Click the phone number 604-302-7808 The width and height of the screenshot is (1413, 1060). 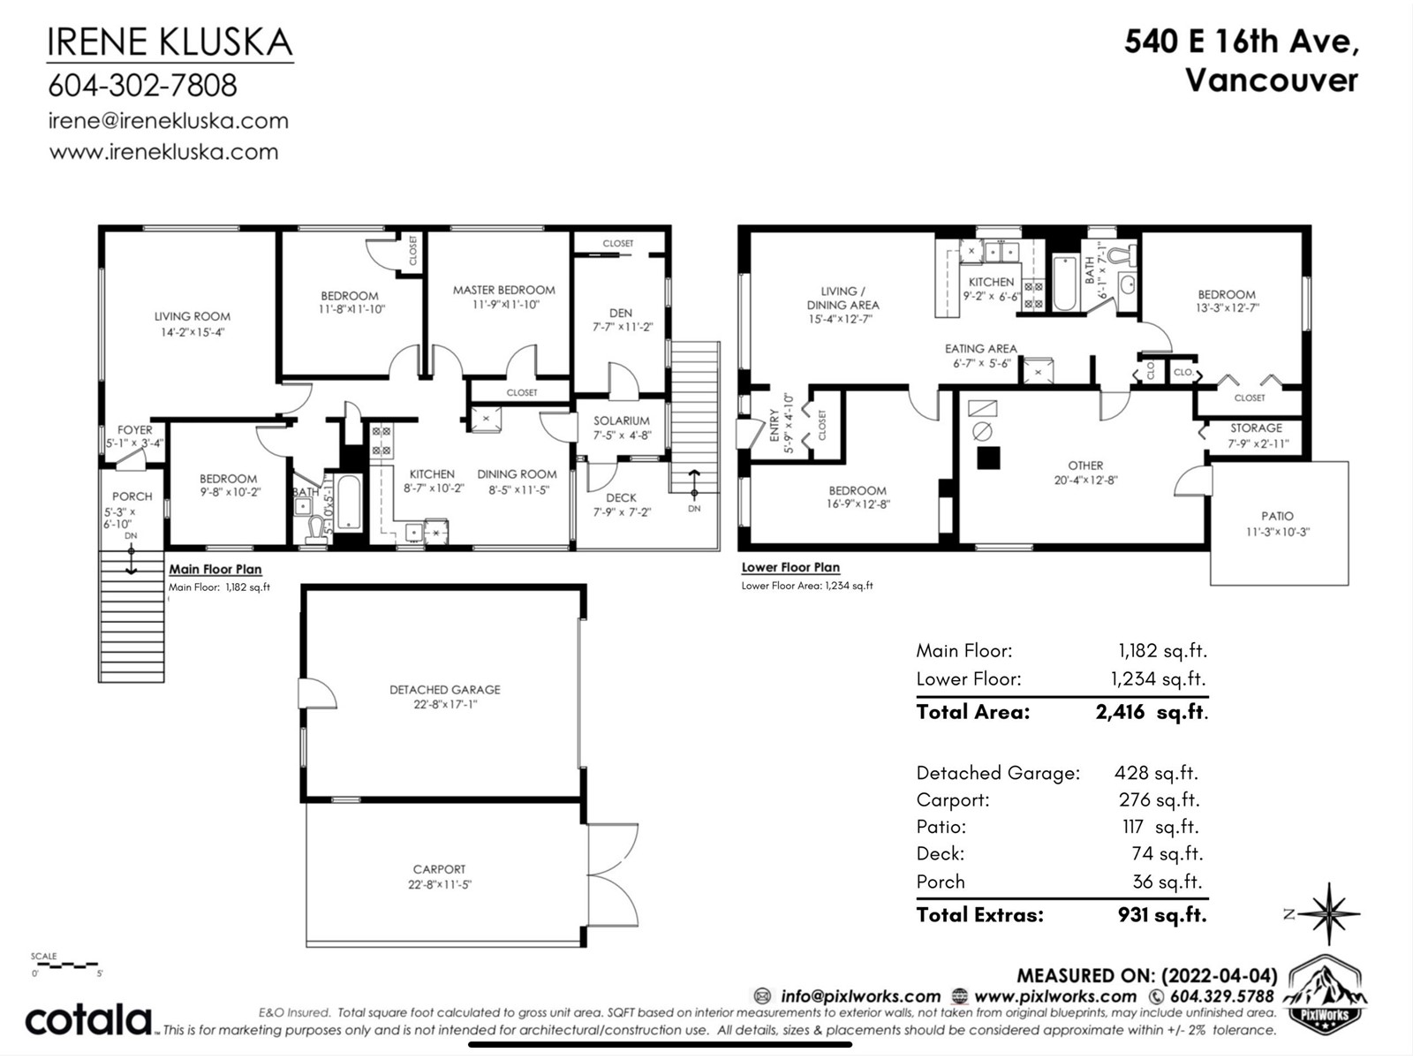pos(143,85)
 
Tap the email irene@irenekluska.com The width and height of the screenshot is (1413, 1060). pos(168,121)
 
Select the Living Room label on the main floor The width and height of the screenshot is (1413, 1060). pos(192,316)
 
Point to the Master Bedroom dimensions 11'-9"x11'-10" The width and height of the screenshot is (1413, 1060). pos(505,305)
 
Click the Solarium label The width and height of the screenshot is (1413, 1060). pos(621,420)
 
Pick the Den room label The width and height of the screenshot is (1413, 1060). pos(621,313)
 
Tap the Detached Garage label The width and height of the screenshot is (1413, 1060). pos(445,689)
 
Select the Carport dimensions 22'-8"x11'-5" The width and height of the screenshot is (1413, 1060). pos(440,884)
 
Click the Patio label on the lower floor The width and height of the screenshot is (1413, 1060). pos(1277,516)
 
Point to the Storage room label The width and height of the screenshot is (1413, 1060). pos(1256,428)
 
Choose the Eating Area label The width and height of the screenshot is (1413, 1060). pos(981,348)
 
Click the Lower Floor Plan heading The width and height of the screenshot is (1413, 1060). pos(790,567)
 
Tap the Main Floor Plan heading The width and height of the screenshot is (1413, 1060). pos(215,569)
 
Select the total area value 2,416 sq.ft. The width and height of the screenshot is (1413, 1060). pos(1152,712)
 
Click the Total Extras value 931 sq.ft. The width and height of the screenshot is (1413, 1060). pos(1162,914)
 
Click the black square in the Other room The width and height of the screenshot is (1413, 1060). pos(988,458)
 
